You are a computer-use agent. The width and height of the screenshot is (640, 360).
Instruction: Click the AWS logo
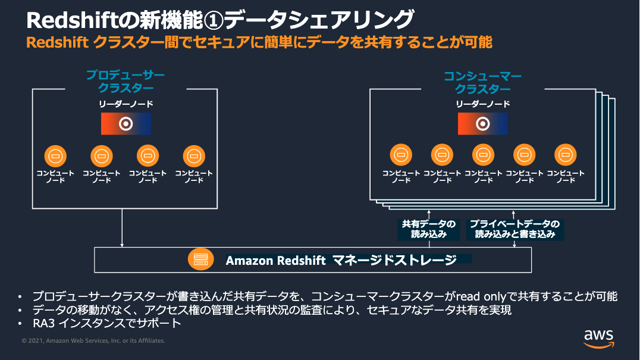coord(598,337)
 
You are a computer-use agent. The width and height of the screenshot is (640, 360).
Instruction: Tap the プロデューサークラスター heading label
coord(126,82)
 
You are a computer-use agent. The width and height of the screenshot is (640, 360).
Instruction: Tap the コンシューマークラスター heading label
coord(482,82)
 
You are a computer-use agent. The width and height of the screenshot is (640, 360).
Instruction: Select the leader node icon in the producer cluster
coord(126,124)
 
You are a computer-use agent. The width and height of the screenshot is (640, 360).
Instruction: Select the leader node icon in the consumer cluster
coord(482,124)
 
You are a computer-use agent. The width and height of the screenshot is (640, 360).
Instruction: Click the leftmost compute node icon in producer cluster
coord(55,156)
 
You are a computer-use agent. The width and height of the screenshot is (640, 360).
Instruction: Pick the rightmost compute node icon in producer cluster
coord(194,156)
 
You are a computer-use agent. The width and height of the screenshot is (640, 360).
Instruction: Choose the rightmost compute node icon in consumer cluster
coord(565,155)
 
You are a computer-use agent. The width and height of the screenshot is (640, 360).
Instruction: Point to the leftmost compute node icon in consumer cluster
coord(401,155)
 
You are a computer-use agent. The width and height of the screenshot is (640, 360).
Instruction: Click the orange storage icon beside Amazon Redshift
coord(200,260)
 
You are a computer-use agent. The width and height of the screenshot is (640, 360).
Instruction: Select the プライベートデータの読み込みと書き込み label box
coord(514,229)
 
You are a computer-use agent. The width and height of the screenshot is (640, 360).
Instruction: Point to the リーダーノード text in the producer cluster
coord(126,104)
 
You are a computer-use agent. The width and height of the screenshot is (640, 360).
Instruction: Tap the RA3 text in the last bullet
coord(43,324)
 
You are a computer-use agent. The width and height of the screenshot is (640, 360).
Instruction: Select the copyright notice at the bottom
coord(93,341)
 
